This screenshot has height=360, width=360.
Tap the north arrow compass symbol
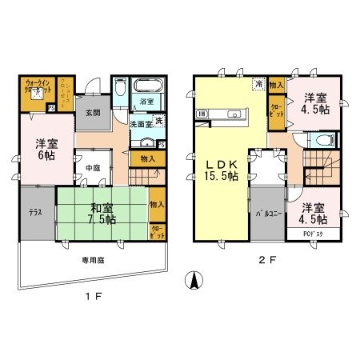point(192,282)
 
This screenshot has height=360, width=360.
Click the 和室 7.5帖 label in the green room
point(102,214)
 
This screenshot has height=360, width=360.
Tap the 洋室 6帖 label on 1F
point(46,150)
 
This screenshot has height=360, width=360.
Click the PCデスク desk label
point(314,234)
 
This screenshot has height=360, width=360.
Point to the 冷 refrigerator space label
point(258,82)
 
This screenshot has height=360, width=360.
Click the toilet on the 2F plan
point(322,141)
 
